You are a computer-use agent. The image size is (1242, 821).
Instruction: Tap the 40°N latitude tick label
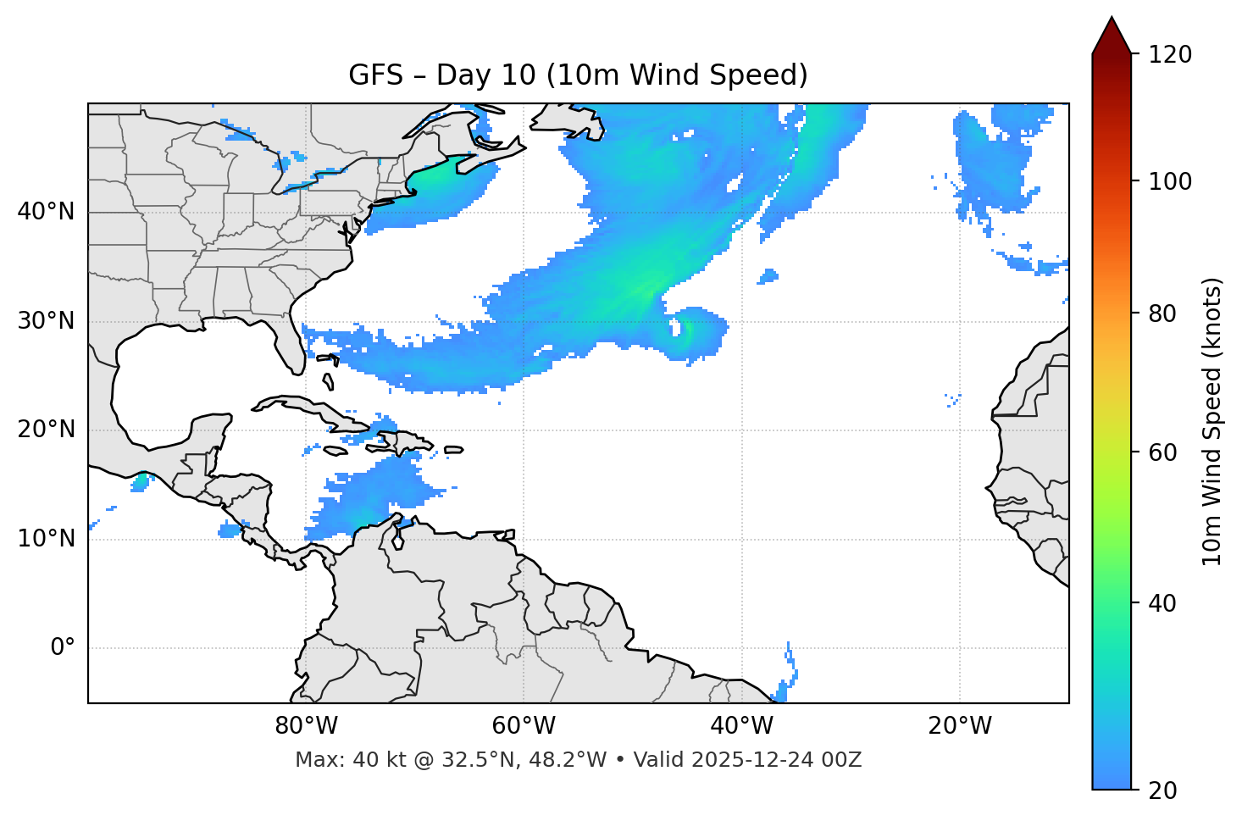(x=46, y=212)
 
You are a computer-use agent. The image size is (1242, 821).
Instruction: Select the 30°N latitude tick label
(x=46, y=321)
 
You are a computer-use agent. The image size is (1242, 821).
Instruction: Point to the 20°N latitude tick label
(x=46, y=430)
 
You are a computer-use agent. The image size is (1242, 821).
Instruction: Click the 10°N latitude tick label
(x=46, y=539)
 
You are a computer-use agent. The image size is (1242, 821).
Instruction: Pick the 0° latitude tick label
(x=63, y=648)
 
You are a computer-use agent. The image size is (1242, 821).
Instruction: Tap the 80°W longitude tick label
(x=306, y=726)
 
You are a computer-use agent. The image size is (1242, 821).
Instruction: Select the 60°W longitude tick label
(x=524, y=726)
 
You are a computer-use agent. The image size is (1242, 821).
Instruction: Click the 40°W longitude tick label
(x=741, y=726)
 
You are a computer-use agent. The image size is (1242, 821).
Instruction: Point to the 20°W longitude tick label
(x=959, y=726)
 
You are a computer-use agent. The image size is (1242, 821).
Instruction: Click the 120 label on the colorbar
(x=1170, y=55)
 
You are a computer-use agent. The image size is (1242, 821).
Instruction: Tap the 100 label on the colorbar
(x=1170, y=181)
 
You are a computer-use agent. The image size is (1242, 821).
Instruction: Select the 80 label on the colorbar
(x=1164, y=313)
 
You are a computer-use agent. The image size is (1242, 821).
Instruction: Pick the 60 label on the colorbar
(x=1164, y=452)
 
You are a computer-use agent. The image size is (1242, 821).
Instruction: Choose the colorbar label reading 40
(x=1164, y=603)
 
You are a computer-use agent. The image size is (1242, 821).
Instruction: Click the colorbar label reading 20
(x=1164, y=790)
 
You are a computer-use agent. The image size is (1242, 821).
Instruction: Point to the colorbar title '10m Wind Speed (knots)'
(x=1212, y=421)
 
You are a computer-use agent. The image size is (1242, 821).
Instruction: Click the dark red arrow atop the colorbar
(x=1112, y=36)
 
